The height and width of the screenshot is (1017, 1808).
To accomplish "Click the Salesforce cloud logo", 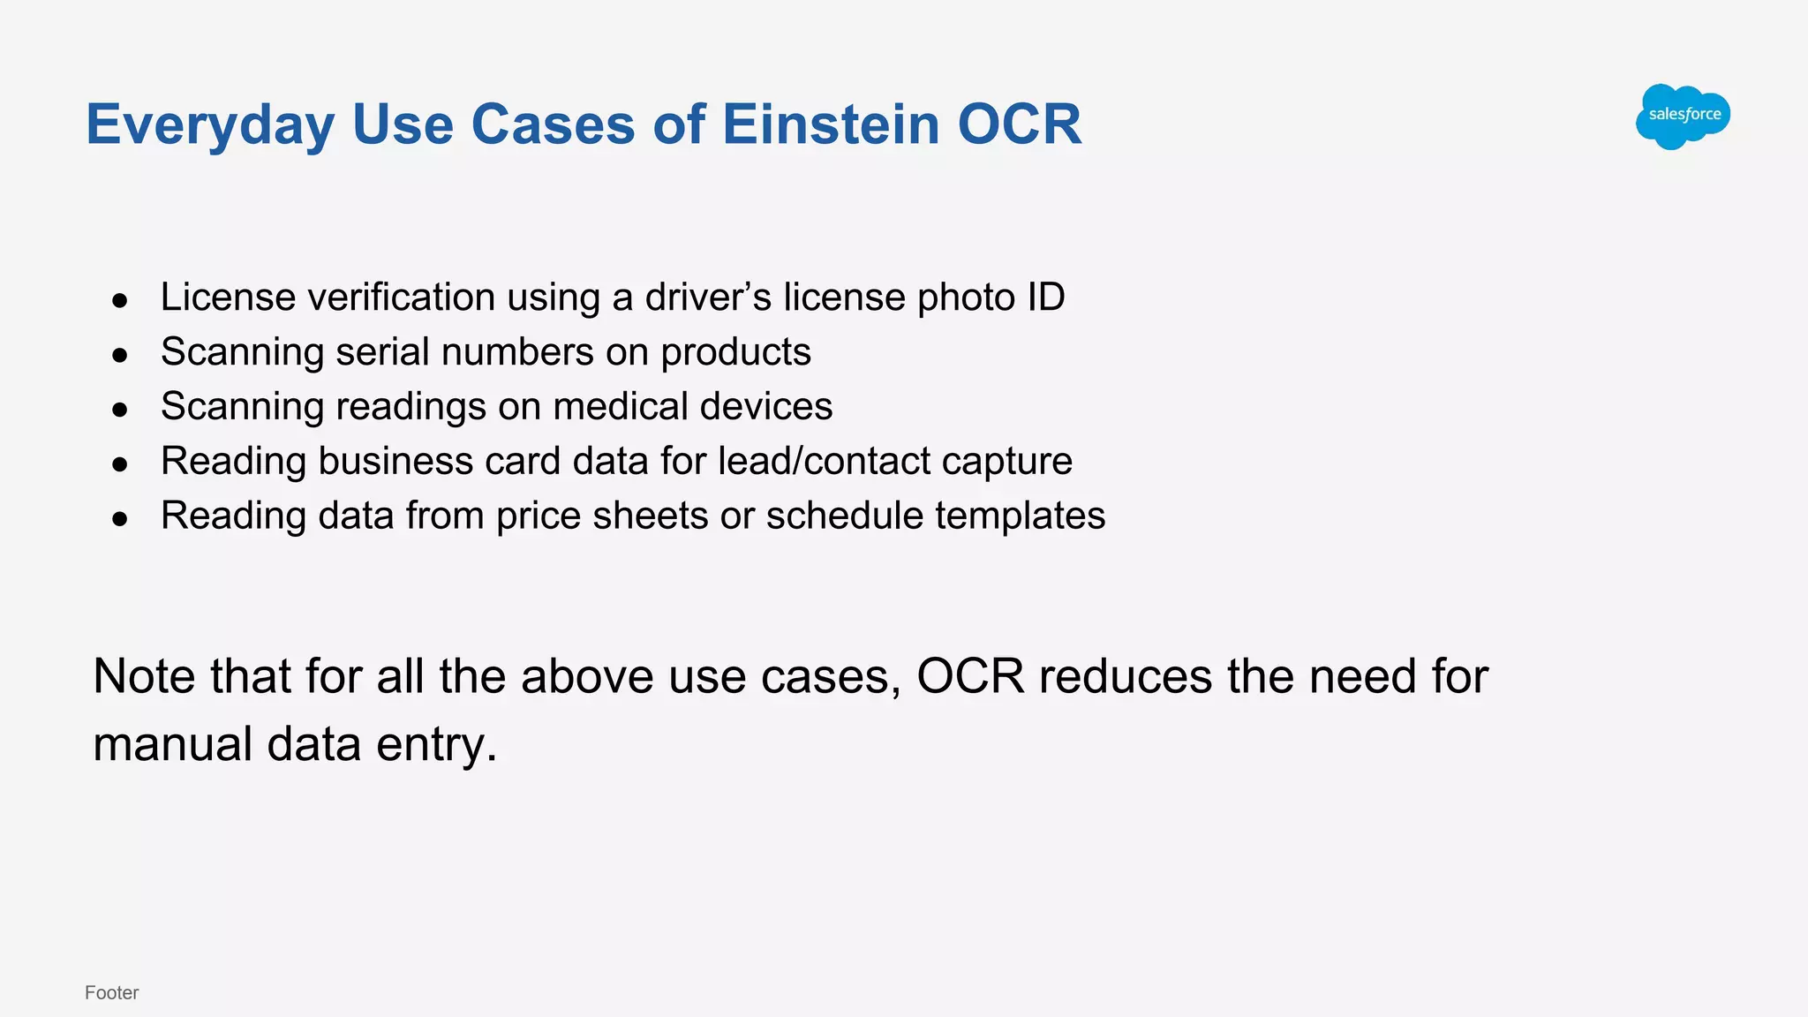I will (x=1683, y=116).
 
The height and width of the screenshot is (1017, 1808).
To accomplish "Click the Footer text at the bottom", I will (x=111, y=992).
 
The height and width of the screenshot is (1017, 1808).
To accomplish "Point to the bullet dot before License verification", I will (x=120, y=301).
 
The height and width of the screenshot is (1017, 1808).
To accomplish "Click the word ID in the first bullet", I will (x=1045, y=298).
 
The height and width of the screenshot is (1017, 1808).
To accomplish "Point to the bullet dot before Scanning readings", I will (x=120, y=411).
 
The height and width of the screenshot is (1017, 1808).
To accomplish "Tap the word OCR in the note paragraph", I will (x=970, y=677).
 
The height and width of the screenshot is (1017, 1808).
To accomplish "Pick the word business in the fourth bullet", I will (x=395, y=462).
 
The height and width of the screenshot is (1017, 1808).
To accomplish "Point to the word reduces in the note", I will (x=1126, y=677).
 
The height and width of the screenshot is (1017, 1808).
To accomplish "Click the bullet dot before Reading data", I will (x=120, y=520).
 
